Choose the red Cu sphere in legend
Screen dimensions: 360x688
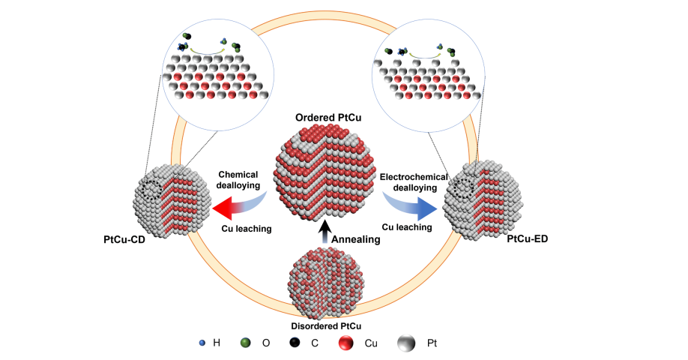click(345, 343)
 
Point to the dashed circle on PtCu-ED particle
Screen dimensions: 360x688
click(467, 184)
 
